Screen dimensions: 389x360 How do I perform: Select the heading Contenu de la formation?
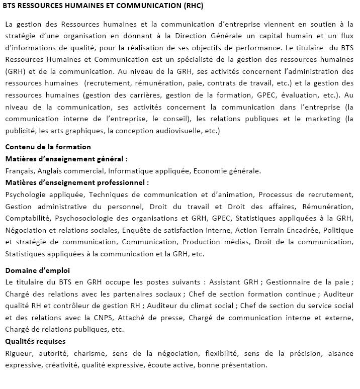[x=48, y=147]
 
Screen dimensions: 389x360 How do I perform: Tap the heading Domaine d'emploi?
[x=37, y=270]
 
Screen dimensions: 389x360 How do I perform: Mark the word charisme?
[x=90, y=353]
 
